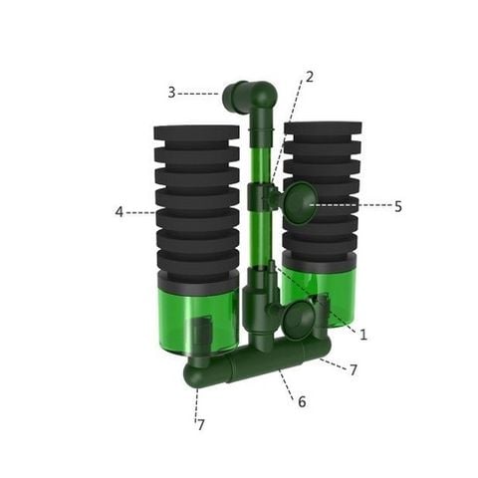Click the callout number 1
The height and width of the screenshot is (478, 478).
(x=363, y=335)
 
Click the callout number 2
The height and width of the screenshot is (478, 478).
(x=310, y=77)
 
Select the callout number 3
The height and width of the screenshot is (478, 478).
(x=171, y=93)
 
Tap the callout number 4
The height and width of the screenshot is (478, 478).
(x=119, y=211)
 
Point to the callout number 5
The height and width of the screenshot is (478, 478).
(x=398, y=207)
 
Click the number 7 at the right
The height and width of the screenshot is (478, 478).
(x=354, y=370)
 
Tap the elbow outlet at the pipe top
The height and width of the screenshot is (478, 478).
(x=250, y=98)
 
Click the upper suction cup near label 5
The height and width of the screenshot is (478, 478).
(x=300, y=205)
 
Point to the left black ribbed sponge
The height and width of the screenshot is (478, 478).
(x=197, y=199)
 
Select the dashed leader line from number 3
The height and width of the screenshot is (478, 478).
(x=199, y=93)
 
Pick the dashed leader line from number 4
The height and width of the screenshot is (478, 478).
(x=139, y=211)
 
